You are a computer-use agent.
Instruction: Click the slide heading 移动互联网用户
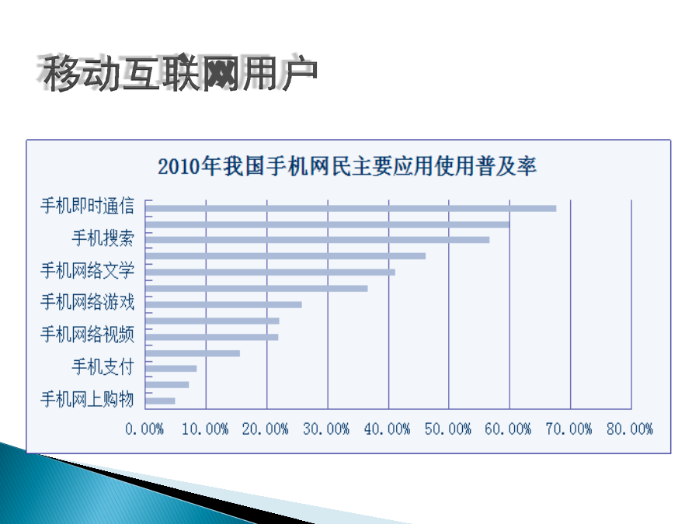[x=179, y=73]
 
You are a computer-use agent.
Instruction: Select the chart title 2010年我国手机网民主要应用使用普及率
[x=347, y=166]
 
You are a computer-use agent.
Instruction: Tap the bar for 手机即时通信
[x=351, y=209]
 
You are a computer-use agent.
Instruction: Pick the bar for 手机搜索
[x=318, y=240]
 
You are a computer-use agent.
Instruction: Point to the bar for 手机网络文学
[x=270, y=272]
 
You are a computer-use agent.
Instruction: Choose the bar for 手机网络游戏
[x=224, y=305]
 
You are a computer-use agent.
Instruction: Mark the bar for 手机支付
[x=171, y=369]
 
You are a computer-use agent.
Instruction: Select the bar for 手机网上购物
[x=160, y=401]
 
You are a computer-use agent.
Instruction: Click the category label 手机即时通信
[x=87, y=206]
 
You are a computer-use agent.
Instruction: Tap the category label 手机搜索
[x=103, y=238]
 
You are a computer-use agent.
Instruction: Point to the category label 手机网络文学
[x=87, y=270]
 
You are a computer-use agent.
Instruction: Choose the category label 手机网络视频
[x=87, y=334]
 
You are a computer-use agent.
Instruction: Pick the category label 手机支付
[x=103, y=366]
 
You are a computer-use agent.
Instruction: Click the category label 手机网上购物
[x=87, y=399]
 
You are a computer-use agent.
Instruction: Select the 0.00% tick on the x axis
[x=144, y=429]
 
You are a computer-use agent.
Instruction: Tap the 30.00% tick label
[x=326, y=429]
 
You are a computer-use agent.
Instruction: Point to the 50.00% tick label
[x=448, y=429]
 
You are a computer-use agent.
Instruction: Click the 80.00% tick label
[x=630, y=429]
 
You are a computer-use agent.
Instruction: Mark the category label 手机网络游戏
[x=87, y=302]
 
